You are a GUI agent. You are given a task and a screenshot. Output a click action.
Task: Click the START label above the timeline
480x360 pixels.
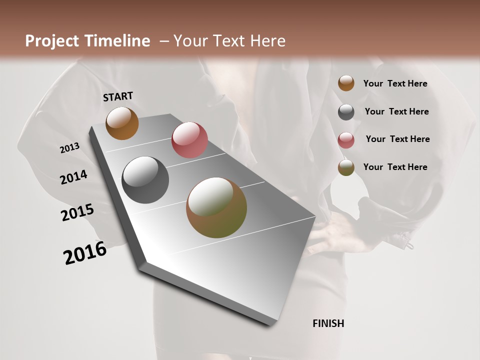coord(118,96)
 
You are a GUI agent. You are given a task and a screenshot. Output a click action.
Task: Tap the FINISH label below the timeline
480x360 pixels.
coord(328,323)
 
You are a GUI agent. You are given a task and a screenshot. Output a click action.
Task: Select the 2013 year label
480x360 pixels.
coord(70,148)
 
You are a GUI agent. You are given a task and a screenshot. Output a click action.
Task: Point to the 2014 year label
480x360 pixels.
coord(73,177)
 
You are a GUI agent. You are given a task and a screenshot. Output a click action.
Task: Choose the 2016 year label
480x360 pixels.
coord(85,253)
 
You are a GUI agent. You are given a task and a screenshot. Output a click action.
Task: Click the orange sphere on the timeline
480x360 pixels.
coord(122,123)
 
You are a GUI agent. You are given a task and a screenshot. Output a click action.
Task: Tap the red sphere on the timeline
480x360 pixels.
coord(189,140)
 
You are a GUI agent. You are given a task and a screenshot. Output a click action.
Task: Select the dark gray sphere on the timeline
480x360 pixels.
coord(145,180)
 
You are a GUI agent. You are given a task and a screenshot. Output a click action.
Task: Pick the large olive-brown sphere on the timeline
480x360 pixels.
coord(216,207)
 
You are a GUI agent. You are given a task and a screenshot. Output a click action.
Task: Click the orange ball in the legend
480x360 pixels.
coord(346,83)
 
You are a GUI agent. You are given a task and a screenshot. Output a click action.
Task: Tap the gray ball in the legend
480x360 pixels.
coord(346,112)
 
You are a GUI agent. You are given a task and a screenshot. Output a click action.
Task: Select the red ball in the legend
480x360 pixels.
coord(346,140)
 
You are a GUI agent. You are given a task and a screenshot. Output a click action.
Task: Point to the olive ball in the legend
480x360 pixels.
coord(346,167)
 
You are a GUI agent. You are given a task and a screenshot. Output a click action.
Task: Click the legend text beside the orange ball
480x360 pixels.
coord(395,84)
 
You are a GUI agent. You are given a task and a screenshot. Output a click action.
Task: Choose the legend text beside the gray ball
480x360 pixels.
coord(397,111)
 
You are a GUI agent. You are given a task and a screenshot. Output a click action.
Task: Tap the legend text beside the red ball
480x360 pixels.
coord(398,139)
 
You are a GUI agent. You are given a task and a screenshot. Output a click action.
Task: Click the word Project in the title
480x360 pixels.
coord(52,41)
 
